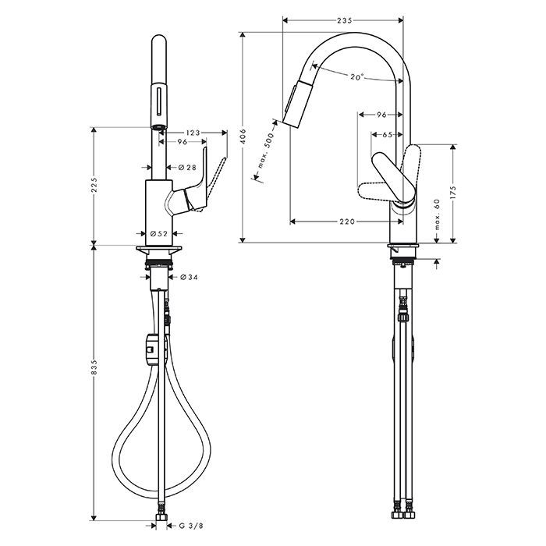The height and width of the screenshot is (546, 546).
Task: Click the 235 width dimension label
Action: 345,20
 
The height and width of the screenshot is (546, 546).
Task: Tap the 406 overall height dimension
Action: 243,136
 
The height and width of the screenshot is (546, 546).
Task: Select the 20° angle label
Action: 357,77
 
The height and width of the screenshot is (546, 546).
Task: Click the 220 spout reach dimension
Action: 347,222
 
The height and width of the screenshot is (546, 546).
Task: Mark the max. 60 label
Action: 437,214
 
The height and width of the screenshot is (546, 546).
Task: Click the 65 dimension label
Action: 387,134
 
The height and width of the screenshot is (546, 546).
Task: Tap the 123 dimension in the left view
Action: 193,133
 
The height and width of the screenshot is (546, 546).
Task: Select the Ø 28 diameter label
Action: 187,168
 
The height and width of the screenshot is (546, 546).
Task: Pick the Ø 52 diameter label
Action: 159,234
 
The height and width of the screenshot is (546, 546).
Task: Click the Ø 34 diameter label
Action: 189,277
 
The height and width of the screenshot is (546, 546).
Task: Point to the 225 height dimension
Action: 94,185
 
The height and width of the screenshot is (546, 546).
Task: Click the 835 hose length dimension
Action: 94,367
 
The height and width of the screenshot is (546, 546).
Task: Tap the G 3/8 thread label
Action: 191,526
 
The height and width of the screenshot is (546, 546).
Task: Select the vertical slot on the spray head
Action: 159,101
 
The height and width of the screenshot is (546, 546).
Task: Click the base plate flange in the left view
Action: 159,249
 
